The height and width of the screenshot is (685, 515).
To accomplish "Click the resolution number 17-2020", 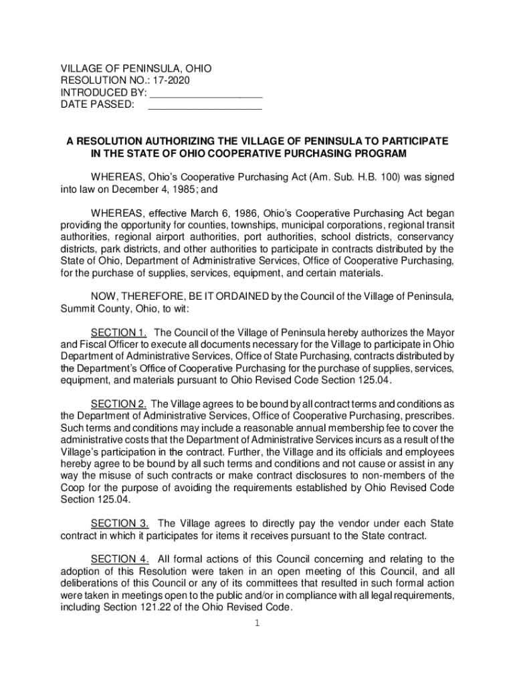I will pyautogui.click(x=172, y=81).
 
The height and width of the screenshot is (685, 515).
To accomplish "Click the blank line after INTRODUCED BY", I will pyautogui.click(x=205, y=93).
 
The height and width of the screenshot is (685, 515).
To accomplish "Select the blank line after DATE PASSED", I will pyautogui.click(x=205, y=105).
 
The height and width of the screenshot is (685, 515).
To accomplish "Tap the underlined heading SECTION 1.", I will pyautogui.click(x=118, y=332).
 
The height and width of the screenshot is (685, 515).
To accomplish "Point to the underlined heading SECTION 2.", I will pyautogui.click(x=118, y=403).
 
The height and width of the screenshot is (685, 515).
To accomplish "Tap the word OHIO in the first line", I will pyautogui.click(x=199, y=69).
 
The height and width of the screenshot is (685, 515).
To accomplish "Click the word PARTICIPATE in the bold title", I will pyautogui.click(x=413, y=142).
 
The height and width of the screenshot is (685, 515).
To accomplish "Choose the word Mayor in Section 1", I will pyautogui.click(x=441, y=332).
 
